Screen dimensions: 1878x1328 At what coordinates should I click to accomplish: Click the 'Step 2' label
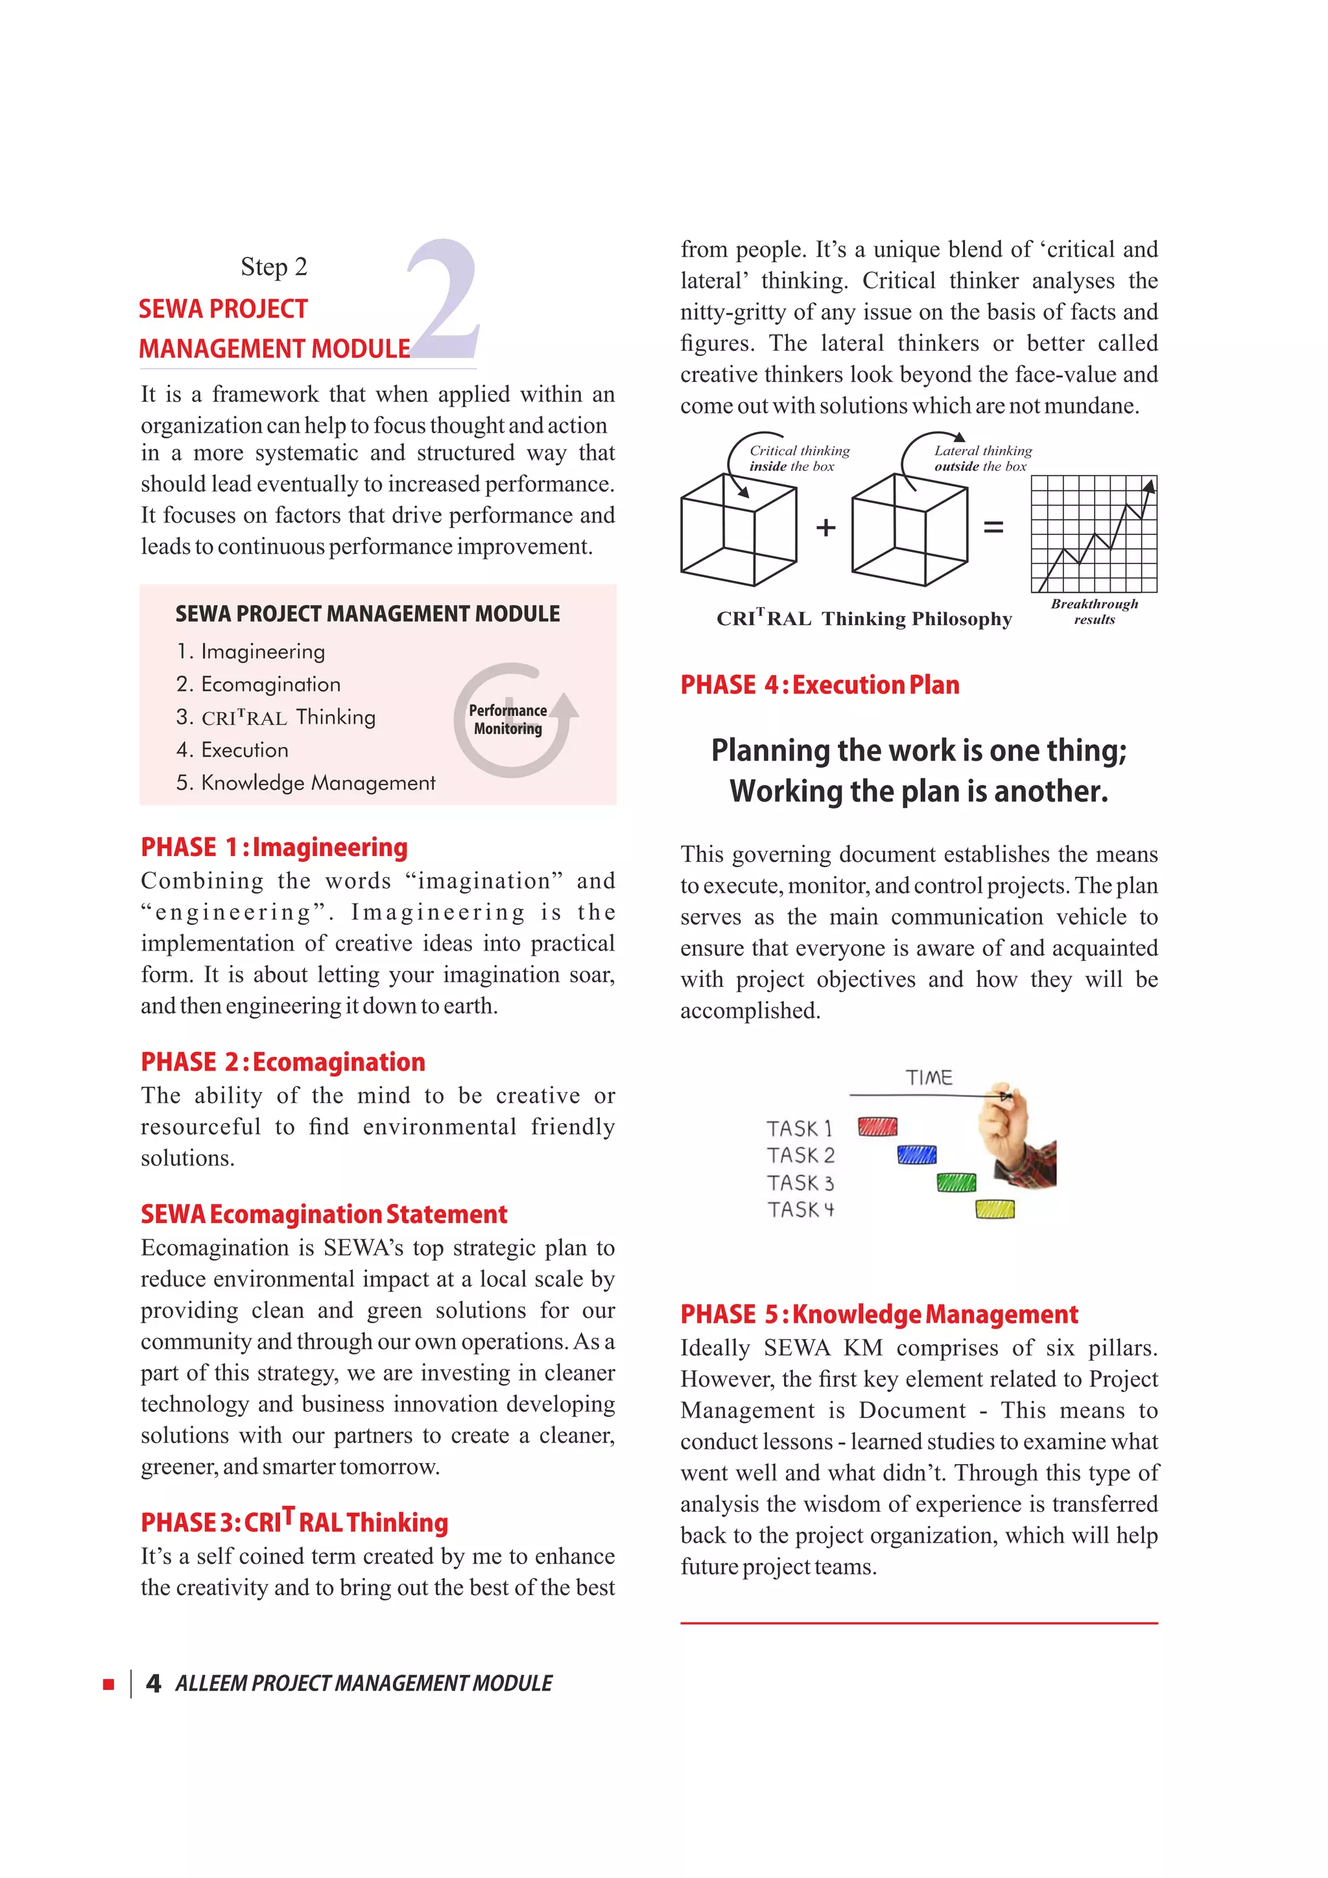click(x=273, y=267)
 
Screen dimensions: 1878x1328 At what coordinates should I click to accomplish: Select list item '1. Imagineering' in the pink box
click(x=250, y=651)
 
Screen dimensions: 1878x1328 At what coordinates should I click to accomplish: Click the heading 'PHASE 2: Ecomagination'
click(x=283, y=1062)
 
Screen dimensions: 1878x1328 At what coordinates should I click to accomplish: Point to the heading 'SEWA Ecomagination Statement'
click(x=324, y=1214)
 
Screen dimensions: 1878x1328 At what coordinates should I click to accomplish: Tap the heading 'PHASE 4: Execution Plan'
click(x=820, y=685)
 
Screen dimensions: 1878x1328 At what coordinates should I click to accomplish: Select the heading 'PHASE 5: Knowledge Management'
click(x=879, y=1314)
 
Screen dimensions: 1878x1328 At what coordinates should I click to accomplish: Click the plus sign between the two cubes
click(x=826, y=528)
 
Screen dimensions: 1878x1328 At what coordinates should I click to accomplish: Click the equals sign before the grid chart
click(x=993, y=528)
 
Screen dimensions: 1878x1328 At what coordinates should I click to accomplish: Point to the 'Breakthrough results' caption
click(x=1094, y=611)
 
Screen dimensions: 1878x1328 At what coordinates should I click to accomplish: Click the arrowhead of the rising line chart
click(x=1150, y=486)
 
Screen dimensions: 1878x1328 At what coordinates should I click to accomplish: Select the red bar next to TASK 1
click(x=877, y=1127)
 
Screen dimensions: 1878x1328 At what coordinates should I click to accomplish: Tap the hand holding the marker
click(x=1004, y=1124)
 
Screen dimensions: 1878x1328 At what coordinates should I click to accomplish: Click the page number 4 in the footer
click(x=153, y=1683)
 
